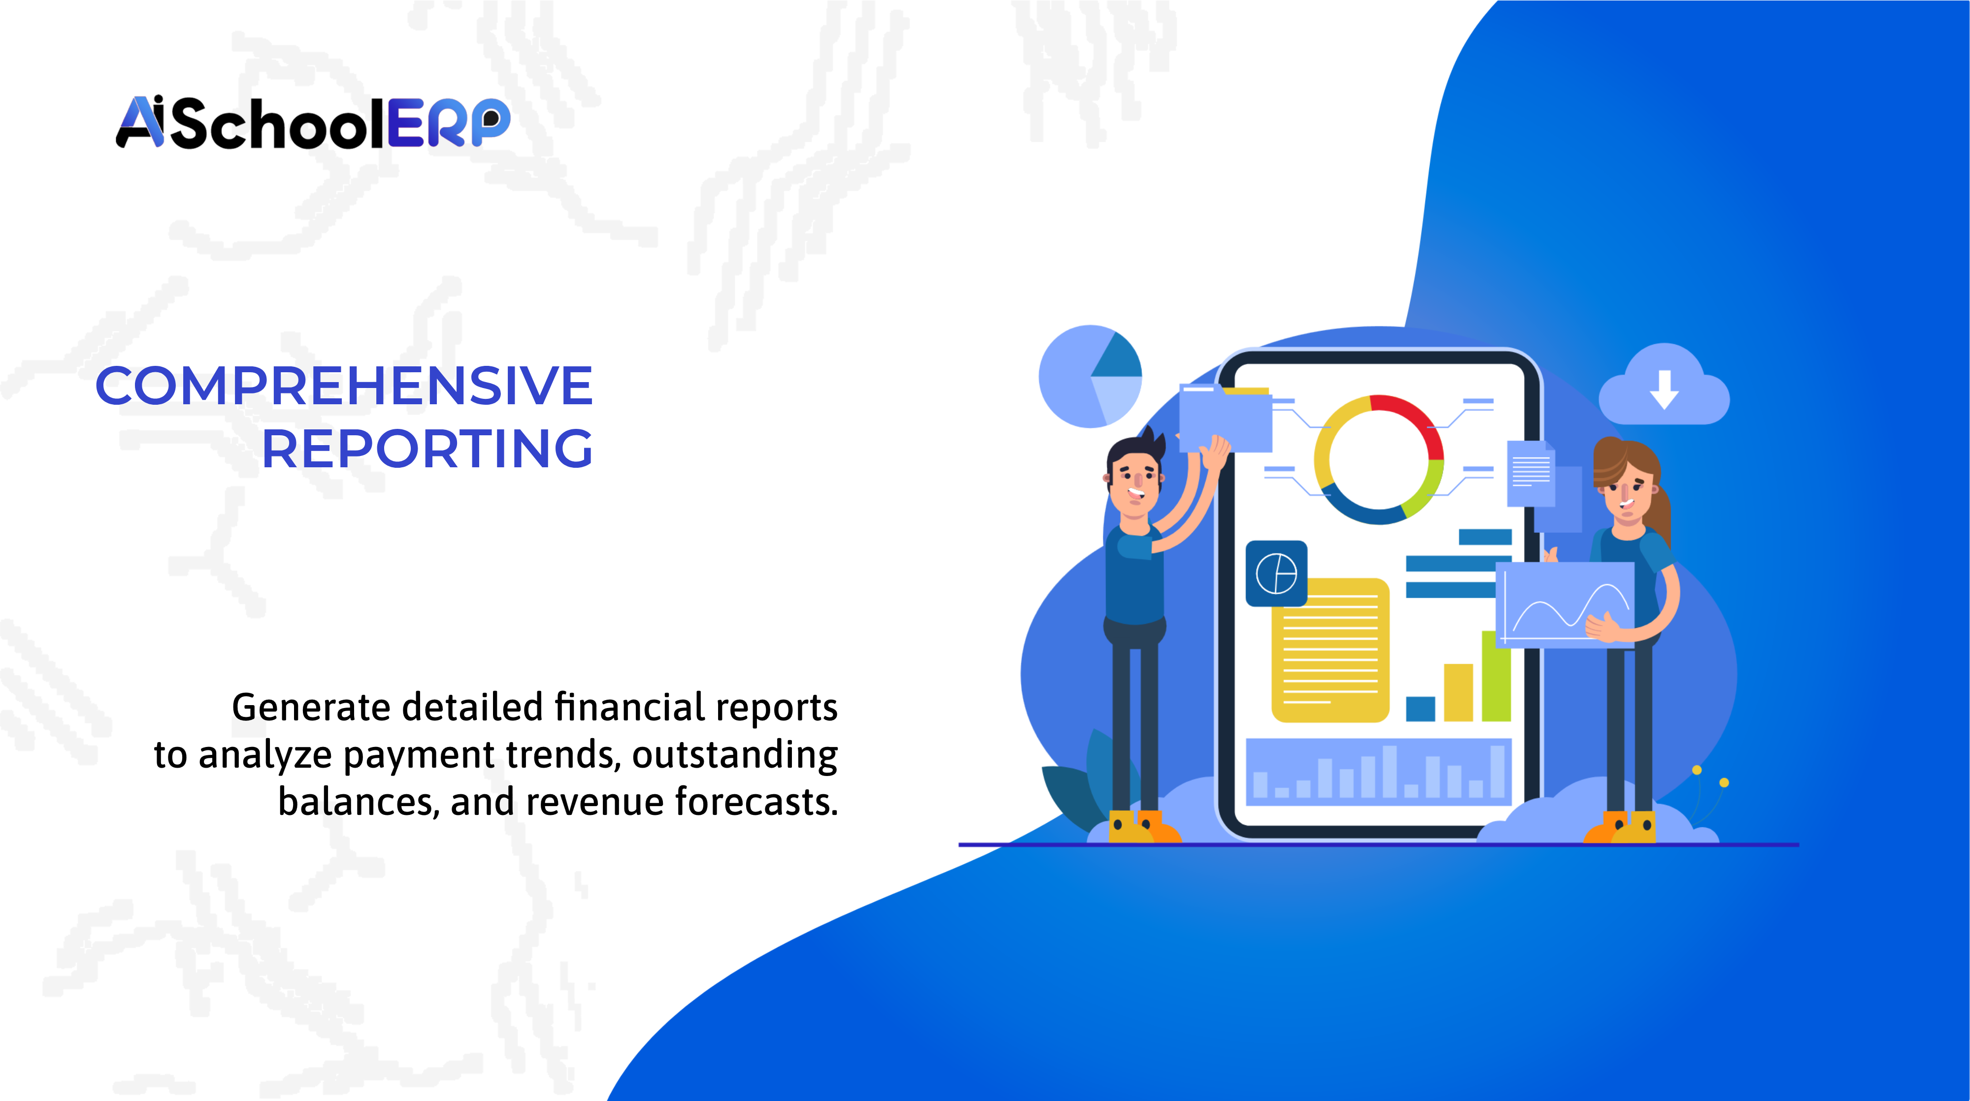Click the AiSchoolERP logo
[312, 122]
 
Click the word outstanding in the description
[734, 755]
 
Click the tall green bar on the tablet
[1495, 676]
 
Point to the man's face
[1135, 482]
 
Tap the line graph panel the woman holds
[1564, 604]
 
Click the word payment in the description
[419, 755]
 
